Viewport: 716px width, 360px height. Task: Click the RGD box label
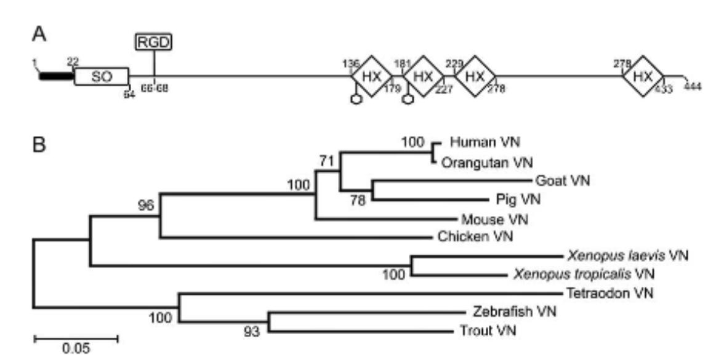pyautogui.click(x=153, y=42)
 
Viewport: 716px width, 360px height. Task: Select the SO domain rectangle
pyautogui.click(x=102, y=76)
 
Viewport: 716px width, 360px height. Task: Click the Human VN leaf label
pyautogui.click(x=485, y=143)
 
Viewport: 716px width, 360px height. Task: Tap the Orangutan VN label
pyautogui.click(x=486, y=162)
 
